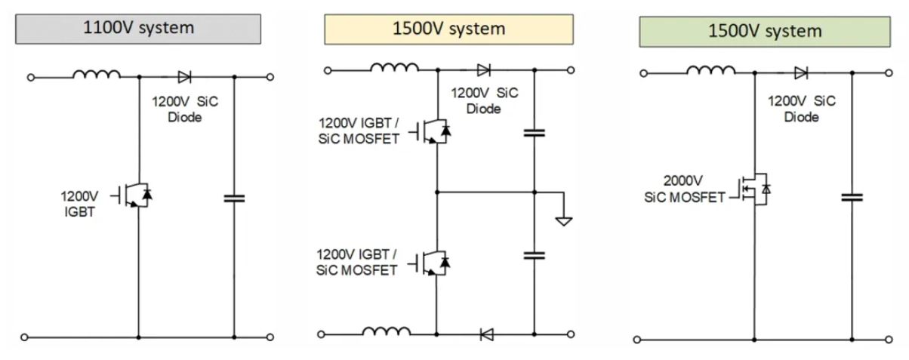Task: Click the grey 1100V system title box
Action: (x=137, y=29)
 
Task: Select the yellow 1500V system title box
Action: (x=448, y=29)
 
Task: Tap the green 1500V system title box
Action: (x=764, y=31)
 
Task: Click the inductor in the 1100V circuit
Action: (x=97, y=74)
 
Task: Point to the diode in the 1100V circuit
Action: (x=184, y=76)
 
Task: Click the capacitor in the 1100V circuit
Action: (x=234, y=198)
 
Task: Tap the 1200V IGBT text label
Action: (x=79, y=202)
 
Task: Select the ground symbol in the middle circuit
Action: (x=563, y=220)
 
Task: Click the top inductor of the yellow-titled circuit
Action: (x=394, y=68)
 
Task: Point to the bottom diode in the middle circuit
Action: (x=486, y=333)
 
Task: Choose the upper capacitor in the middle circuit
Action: (x=535, y=134)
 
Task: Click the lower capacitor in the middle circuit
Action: (x=535, y=255)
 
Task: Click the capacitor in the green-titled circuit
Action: (x=852, y=198)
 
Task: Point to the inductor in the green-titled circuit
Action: (x=710, y=70)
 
